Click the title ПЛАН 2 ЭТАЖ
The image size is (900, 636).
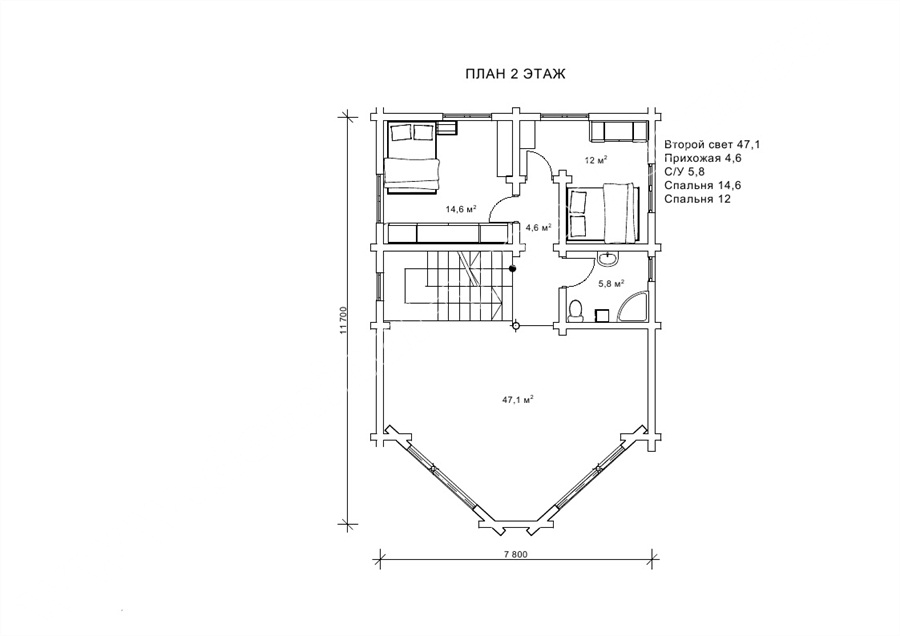[515, 74]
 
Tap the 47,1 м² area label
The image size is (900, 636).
[518, 400]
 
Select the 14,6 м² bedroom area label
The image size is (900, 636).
[461, 210]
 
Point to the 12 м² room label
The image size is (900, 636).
[596, 160]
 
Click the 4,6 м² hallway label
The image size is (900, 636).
[539, 227]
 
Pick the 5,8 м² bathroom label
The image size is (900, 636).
[611, 283]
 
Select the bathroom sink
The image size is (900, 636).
[606, 259]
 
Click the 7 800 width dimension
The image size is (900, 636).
[515, 554]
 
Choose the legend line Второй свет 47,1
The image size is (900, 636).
[712, 144]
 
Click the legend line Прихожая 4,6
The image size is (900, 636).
[703, 158]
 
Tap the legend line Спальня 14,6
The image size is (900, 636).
[703, 185]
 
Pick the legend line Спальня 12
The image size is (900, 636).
[697, 199]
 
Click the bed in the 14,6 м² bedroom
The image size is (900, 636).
[412, 156]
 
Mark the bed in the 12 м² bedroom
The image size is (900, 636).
[603, 212]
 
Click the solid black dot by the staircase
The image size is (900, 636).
[513, 267]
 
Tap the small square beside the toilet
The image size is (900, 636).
[602, 316]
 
